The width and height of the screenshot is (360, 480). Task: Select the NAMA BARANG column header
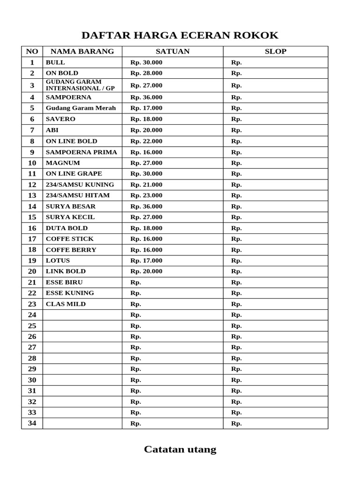(82, 52)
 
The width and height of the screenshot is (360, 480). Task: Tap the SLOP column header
(275, 52)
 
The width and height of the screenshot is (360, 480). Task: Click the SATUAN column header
(172, 52)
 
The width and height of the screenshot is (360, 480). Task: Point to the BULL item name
(55, 62)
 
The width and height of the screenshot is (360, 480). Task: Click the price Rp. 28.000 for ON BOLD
(146, 73)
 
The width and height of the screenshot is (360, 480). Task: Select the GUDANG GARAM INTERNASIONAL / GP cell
(80, 85)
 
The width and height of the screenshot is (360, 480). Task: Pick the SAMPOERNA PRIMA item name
(82, 152)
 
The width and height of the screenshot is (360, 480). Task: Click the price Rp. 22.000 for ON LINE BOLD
(146, 141)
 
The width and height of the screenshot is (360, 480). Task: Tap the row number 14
(32, 206)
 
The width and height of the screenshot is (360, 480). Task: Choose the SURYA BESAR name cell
(71, 206)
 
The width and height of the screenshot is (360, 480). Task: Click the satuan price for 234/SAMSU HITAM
(146, 195)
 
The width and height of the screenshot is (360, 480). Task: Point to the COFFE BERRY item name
(71, 250)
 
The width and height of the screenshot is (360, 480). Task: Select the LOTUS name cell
(58, 261)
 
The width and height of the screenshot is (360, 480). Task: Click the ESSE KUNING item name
(70, 293)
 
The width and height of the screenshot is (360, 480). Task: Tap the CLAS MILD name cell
(66, 304)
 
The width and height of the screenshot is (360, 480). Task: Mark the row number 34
(32, 423)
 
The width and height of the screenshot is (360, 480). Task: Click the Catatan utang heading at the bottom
(180, 450)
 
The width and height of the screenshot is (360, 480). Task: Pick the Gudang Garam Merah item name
(81, 108)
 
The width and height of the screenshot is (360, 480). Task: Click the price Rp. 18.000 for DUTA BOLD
(146, 228)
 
